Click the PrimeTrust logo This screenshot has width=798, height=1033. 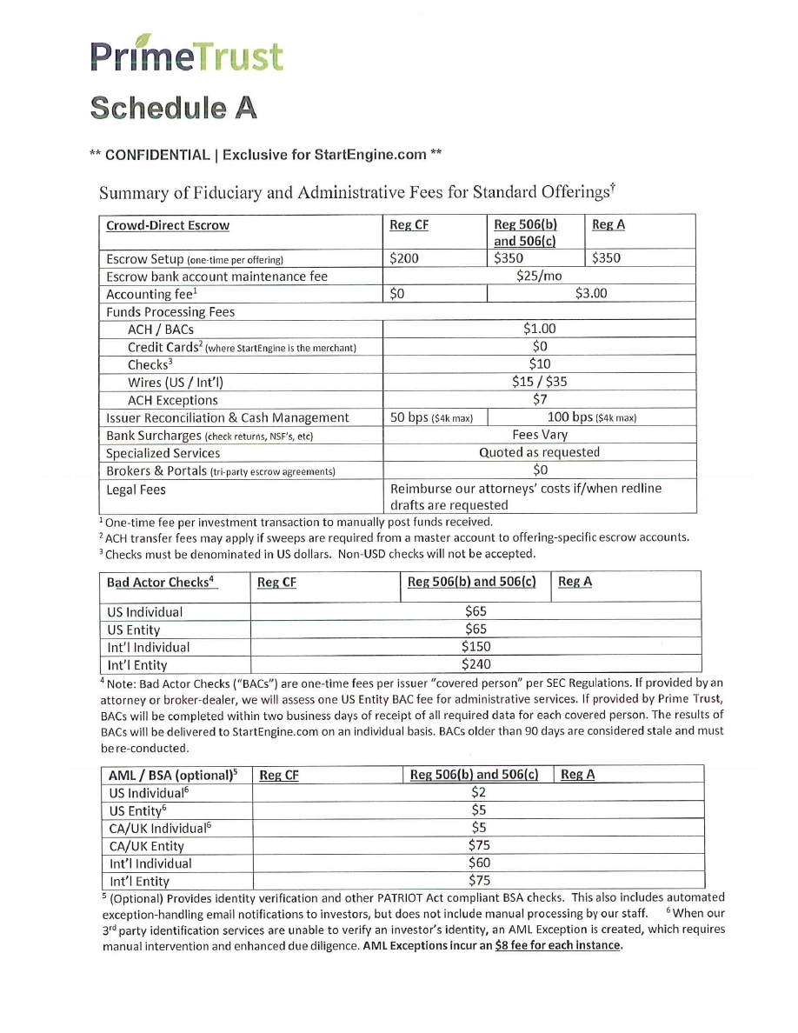pos(186,54)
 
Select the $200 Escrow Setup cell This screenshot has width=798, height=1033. pos(403,258)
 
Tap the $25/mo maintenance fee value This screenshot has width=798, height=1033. pos(539,276)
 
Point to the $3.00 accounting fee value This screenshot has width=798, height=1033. pos(591,294)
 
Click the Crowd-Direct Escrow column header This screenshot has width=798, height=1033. pos(168,225)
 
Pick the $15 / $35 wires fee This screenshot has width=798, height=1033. pos(539,382)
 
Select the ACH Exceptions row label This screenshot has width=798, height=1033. pos(173,400)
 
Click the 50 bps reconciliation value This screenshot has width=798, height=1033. pos(432,417)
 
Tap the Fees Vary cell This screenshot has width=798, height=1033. pos(539,435)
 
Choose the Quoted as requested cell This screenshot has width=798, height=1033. pos(539,452)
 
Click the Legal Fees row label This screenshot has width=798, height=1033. pos(136,490)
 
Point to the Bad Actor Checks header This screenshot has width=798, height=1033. pos(162,582)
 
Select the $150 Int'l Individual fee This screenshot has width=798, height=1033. pos(475,646)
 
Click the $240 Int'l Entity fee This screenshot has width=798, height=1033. pos(475,664)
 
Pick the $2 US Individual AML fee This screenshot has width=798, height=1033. pos(477,791)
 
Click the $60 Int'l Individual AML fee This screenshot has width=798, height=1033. pos(477,863)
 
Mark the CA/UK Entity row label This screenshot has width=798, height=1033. pos(147,846)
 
